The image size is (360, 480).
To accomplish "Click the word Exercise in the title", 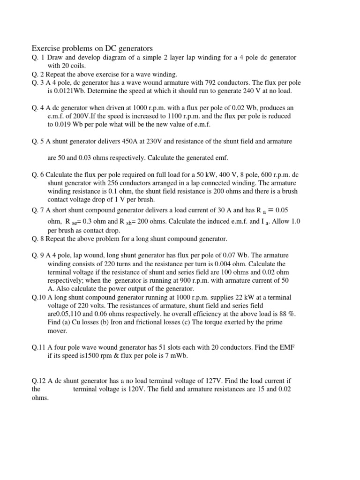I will pos(46,48).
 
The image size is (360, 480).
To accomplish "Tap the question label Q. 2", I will pos(38,75).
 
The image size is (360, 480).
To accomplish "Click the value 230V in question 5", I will pos(147,141).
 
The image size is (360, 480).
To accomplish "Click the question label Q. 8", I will pos(38,239).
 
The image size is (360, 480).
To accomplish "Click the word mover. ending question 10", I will pos(58,331).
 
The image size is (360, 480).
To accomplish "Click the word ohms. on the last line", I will pos(40,398).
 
